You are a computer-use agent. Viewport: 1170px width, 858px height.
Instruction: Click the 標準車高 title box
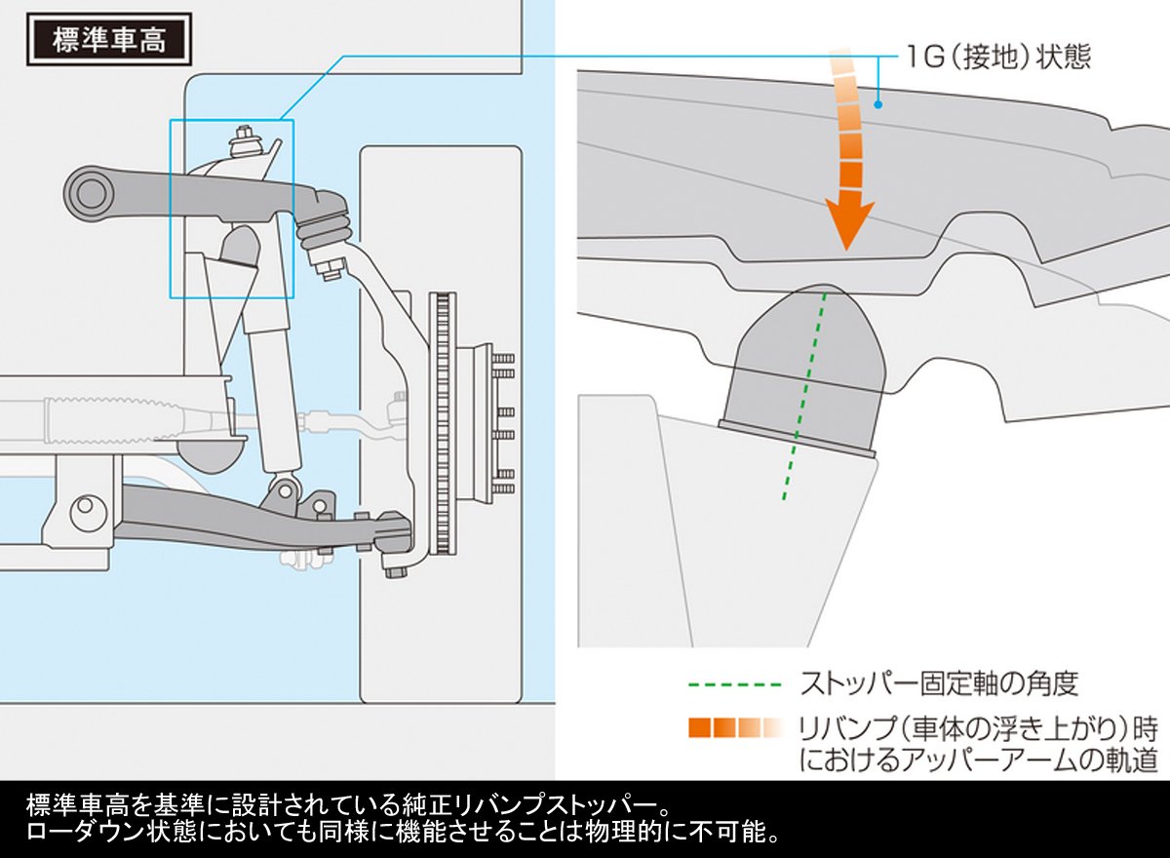109,40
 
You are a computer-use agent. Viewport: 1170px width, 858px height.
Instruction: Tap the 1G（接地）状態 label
998,58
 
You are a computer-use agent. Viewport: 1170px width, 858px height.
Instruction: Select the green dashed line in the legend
735,684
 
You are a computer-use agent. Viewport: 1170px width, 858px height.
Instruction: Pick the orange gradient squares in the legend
735,728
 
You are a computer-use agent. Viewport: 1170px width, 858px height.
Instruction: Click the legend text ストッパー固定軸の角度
939,683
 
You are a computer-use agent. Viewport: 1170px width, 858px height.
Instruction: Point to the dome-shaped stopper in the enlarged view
804,371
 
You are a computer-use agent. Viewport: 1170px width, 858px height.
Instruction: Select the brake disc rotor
443,423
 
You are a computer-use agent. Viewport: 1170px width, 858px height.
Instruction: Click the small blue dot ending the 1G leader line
878,104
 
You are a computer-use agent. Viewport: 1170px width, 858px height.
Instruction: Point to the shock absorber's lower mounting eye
285,490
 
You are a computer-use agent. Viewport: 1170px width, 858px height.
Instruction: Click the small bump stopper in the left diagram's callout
240,246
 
